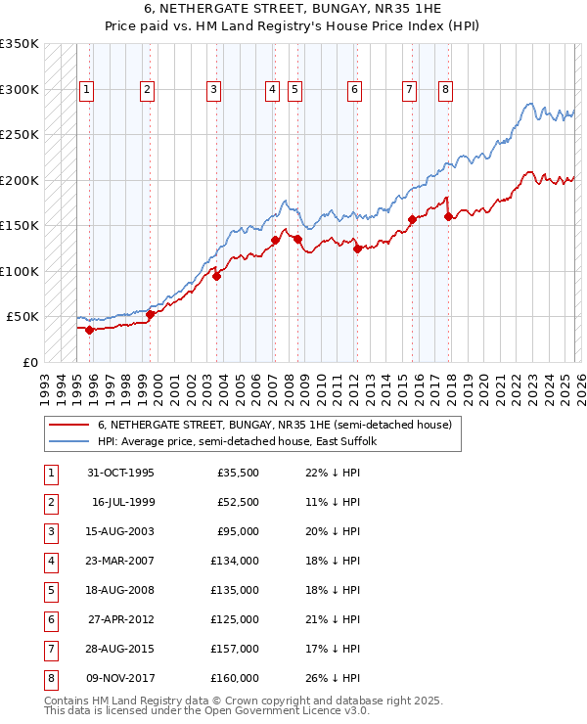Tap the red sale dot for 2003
click(216, 276)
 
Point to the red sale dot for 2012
click(357, 249)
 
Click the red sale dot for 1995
click(89, 330)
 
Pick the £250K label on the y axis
click(20, 135)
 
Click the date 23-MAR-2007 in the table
click(120, 562)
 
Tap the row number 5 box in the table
click(49, 591)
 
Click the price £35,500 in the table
click(238, 473)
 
